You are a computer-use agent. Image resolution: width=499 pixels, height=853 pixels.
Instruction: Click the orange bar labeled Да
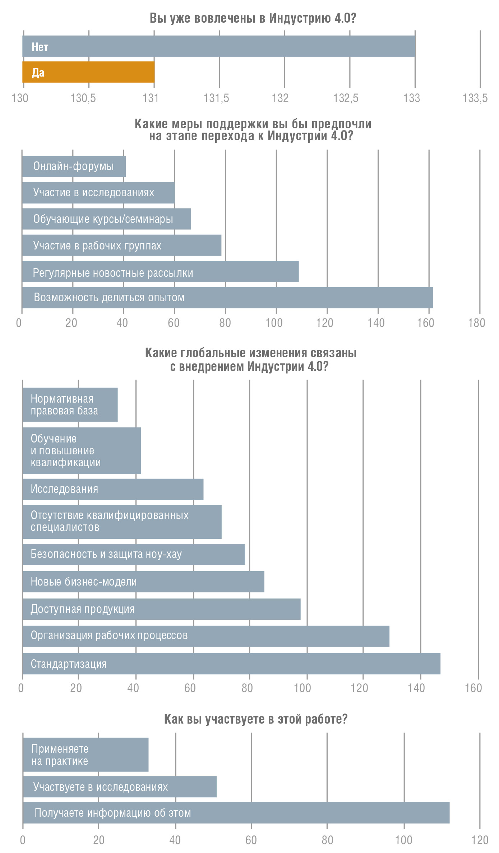coord(88,72)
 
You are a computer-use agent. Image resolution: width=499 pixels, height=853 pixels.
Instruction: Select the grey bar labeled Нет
coord(219,46)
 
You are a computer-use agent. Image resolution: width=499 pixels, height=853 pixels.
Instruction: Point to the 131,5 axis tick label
coord(216,98)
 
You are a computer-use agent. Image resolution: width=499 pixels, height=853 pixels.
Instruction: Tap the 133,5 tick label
coord(475,98)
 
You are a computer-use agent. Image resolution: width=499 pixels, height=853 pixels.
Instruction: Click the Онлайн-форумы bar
coord(74,166)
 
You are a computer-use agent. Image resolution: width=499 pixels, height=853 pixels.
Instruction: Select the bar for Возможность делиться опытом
coord(227,298)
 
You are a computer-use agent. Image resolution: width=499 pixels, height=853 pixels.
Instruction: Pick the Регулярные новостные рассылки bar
coord(161,272)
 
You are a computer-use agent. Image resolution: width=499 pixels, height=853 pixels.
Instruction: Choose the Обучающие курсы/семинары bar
coord(107,219)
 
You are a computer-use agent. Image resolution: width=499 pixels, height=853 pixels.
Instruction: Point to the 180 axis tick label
coord(477,323)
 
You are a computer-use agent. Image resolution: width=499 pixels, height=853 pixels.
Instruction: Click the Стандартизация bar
coord(231,664)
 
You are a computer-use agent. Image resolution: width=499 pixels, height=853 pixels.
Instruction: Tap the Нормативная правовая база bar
coord(70,405)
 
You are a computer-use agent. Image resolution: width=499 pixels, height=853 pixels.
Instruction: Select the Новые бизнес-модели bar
coord(143,582)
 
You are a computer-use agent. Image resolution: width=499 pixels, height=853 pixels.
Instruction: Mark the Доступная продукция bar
coord(161,609)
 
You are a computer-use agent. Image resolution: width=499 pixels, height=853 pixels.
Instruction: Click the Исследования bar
coord(113,489)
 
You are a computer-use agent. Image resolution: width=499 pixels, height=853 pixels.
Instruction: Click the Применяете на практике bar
coord(86,755)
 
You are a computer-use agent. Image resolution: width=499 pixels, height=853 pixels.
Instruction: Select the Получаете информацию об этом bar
coord(236,813)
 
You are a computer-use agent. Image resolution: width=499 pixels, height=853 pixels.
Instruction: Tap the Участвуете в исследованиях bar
coord(120,787)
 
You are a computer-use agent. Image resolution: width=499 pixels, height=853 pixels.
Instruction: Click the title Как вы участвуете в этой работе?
coord(256,719)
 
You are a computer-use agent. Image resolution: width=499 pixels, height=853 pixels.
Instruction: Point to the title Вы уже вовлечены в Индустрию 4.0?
coord(253,18)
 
